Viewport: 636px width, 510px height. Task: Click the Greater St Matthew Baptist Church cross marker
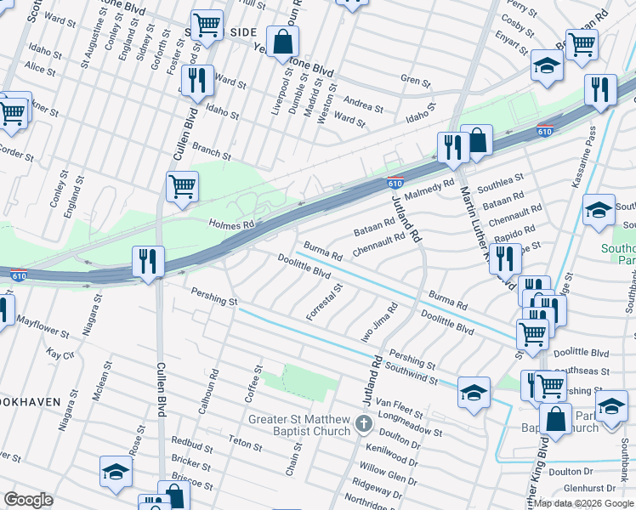(x=364, y=423)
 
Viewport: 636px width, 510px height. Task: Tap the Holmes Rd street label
(x=231, y=224)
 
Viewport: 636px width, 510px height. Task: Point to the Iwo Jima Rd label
(x=379, y=324)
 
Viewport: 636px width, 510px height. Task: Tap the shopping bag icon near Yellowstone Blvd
(x=281, y=41)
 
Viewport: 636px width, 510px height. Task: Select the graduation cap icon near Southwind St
(x=474, y=393)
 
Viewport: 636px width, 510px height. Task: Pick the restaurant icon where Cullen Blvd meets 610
(x=149, y=262)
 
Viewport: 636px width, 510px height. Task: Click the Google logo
(x=28, y=499)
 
